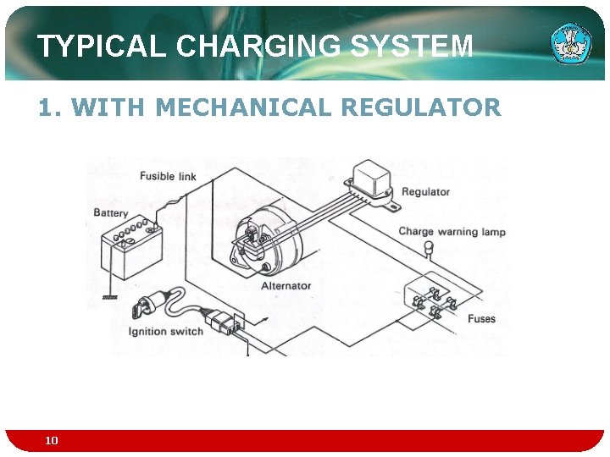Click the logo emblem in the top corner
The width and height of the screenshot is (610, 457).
pyautogui.click(x=572, y=43)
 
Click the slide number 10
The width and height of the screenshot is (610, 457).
pyautogui.click(x=52, y=440)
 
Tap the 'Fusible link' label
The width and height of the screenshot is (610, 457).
pyautogui.click(x=168, y=176)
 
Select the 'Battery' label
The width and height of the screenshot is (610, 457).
pyautogui.click(x=111, y=213)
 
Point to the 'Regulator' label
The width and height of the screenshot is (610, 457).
pyautogui.click(x=425, y=192)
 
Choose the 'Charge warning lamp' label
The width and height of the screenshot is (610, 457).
pyautogui.click(x=452, y=232)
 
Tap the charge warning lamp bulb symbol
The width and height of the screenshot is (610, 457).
pyautogui.click(x=429, y=248)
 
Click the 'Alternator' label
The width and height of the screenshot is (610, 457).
pyautogui.click(x=286, y=286)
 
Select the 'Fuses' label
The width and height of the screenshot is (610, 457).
pyautogui.click(x=481, y=319)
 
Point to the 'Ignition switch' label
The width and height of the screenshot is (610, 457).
pyautogui.click(x=166, y=331)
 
